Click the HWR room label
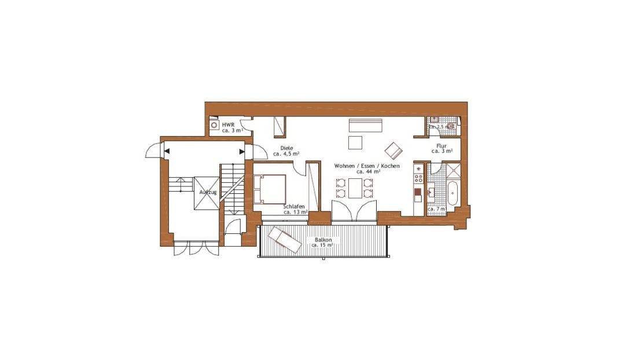(x=228, y=124)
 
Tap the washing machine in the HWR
(x=214, y=124)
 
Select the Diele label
(x=286, y=148)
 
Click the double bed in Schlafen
(x=270, y=188)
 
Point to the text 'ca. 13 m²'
(x=295, y=212)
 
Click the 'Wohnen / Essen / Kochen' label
(x=367, y=166)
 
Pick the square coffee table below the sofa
(x=355, y=142)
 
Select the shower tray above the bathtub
(x=451, y=170)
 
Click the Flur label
(x=441, y=146)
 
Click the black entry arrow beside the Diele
(x=242, y=152)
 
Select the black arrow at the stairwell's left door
(x=167, y=152)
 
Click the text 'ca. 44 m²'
(x=368, y=172)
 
